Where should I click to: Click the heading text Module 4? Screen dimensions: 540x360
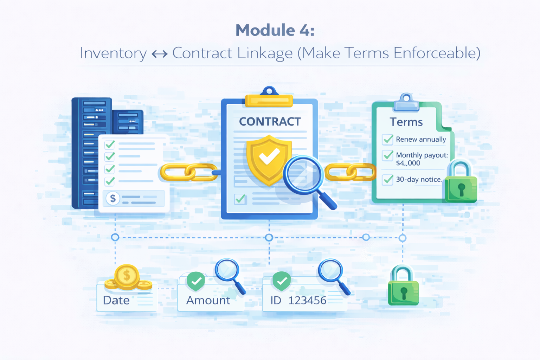[x=275, y=30]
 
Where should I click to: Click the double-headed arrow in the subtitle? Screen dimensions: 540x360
[x=160, y=54]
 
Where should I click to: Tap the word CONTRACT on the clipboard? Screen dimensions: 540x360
[x=270, y=122]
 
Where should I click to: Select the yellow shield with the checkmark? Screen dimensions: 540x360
[x=269, y=160]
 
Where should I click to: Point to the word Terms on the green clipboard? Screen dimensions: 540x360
[x=406, y=122]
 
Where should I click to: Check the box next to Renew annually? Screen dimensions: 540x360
[x=388, y=139]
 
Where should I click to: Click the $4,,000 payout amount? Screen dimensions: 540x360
[x=408, y=163]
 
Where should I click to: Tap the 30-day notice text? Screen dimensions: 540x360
[x=419, y=179]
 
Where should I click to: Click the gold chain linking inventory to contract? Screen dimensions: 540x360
[x=189, y=172]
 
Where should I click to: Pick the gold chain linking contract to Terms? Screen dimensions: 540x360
[x=350, y=172]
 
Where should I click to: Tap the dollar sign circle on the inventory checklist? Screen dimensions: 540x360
[x=112, y=198]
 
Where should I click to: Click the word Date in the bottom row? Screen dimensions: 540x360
[x=116, y=301]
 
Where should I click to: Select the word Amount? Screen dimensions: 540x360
[x=208, y=301]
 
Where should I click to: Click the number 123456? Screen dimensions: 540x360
[x=307, y=301]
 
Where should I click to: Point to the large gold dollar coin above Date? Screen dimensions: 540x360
[x=127, y=276]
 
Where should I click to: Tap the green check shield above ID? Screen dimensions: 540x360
[x=282, y=281]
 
